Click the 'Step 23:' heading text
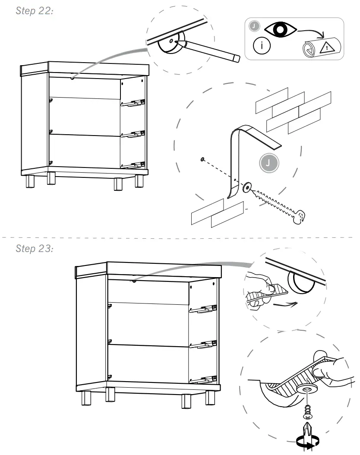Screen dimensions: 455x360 [x=34, y=249]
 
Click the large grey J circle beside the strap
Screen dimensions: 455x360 [x=269, y=163]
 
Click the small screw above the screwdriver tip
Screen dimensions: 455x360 [x=307, y=412]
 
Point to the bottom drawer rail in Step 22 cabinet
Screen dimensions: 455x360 [x=133, y=164]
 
